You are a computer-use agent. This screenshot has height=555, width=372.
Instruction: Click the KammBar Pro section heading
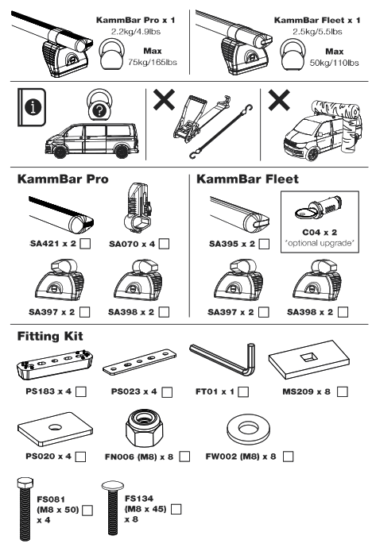pyautogui.click(x=64, y=180)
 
